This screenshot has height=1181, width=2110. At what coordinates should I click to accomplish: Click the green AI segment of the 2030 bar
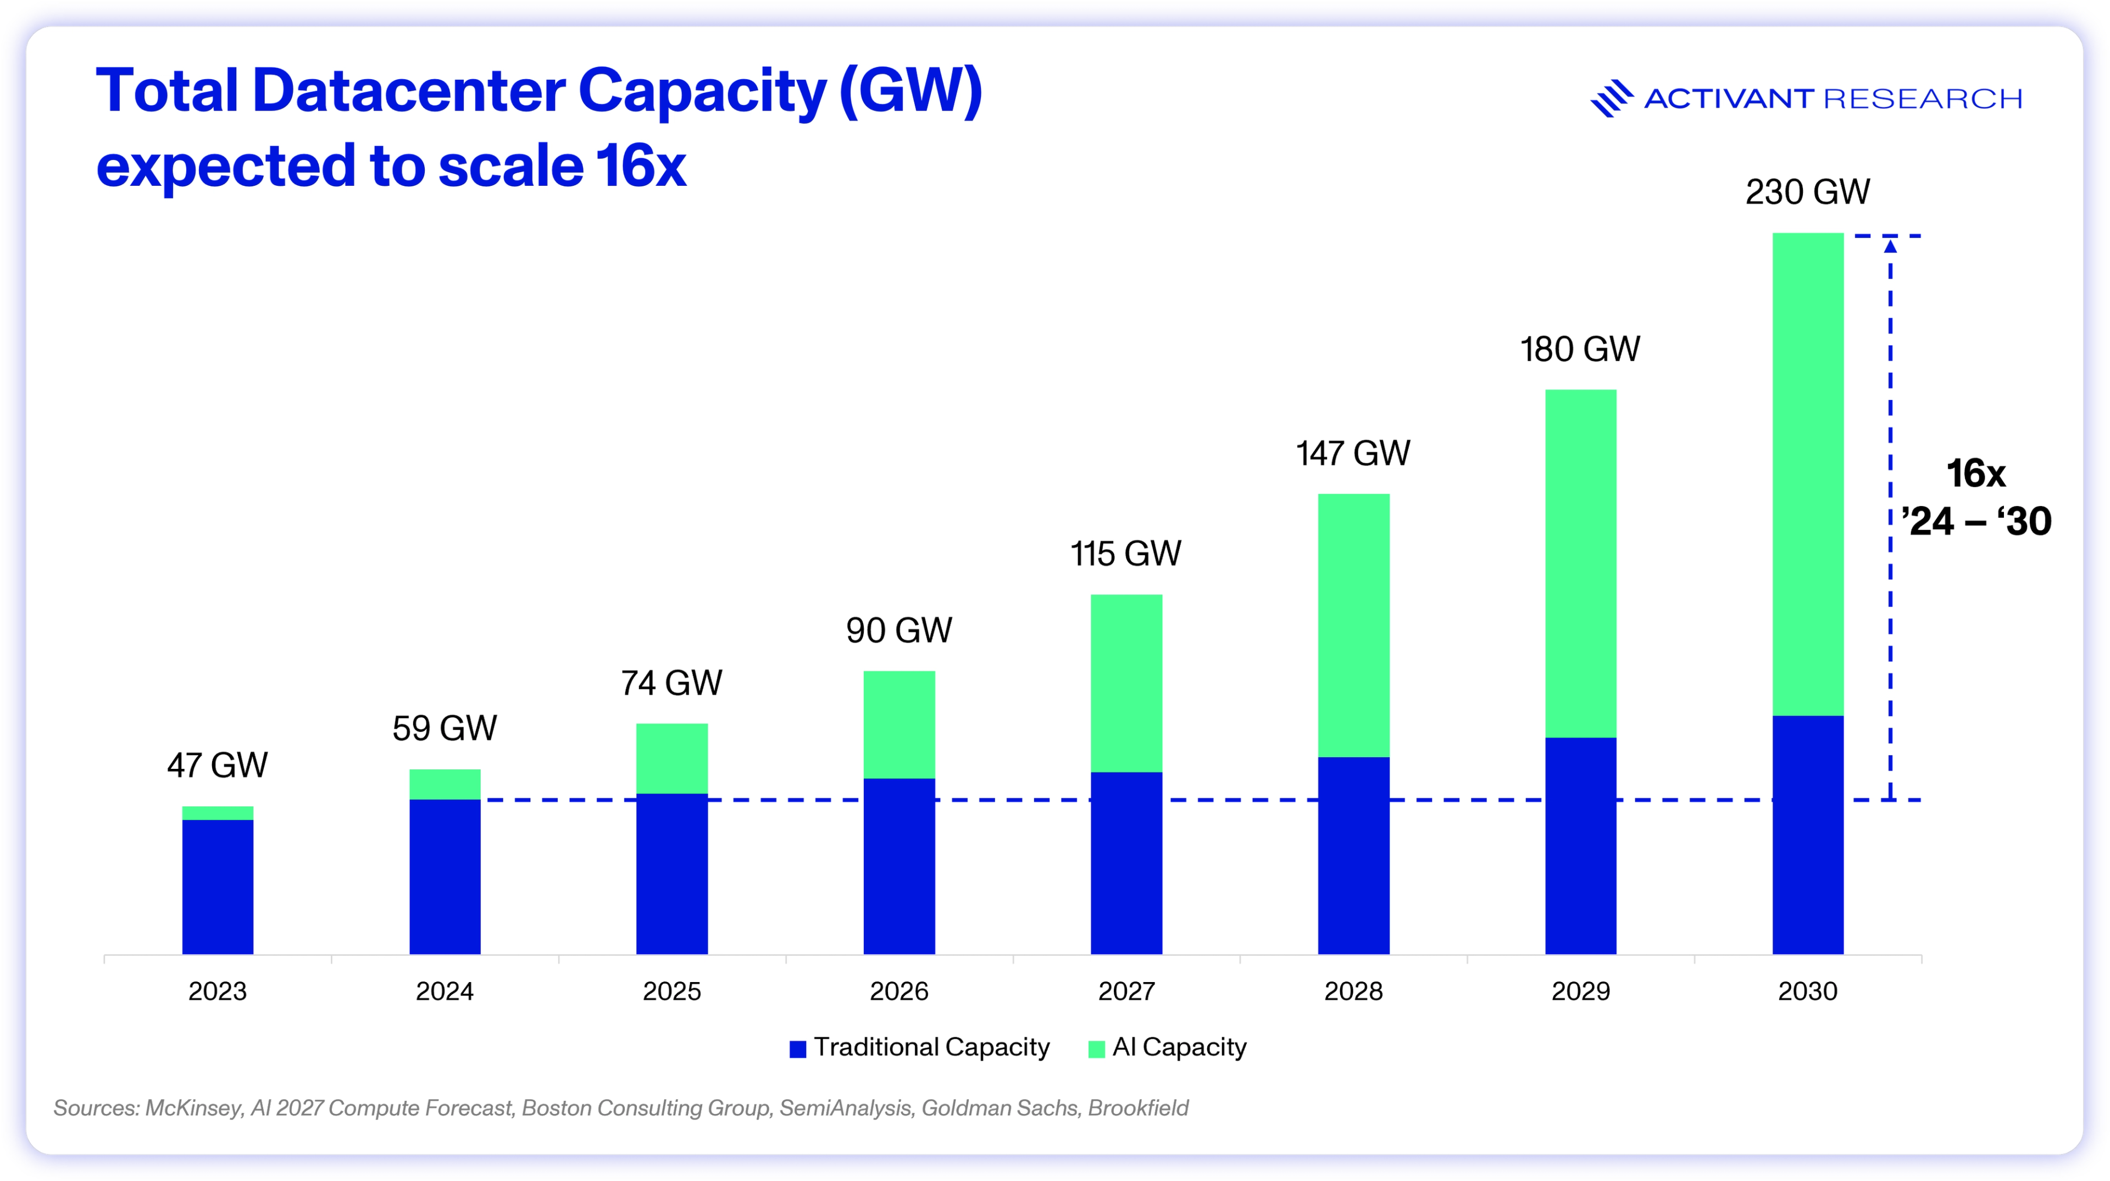click(1808, 474)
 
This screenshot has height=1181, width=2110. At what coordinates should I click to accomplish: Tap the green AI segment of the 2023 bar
click(217, 812)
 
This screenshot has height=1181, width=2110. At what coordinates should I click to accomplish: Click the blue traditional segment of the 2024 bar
click(445, 877)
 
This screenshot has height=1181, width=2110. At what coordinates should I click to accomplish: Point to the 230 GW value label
click(1808, 192)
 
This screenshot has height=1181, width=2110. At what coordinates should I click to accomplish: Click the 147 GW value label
click(1353, 453)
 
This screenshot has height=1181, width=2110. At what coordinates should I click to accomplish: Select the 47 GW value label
click(217, 765)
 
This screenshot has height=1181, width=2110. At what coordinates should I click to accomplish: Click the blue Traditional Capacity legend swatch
click(797, 1049)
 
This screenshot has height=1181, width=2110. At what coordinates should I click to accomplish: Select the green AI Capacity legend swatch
click(1096, 1049)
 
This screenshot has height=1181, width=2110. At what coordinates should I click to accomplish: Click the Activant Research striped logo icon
click(1611, 98)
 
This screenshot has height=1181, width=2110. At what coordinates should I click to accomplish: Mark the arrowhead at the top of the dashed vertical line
click(1890, 245)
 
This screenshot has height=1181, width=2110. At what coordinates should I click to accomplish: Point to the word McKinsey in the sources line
click(193, 1108)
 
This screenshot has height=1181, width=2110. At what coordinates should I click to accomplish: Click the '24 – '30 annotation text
click(1976, 521)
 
